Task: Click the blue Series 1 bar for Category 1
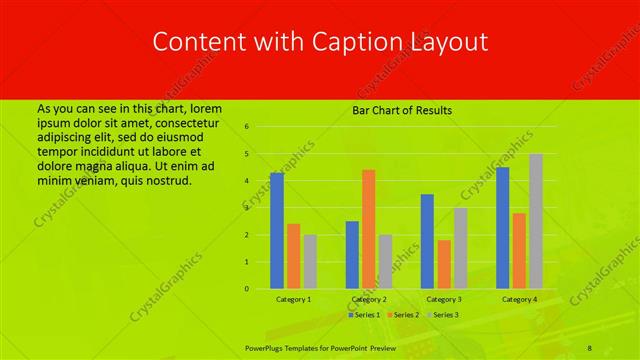(277, 231)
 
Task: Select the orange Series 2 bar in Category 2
(369, 229)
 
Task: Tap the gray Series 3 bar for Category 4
(536, 221)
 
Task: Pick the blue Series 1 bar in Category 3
(427, 241)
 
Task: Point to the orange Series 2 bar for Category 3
(444, 264)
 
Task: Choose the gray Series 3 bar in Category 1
(310, 261)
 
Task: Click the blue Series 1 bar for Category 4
(502, 228)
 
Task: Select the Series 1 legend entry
(364, 315)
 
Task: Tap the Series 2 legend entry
(402, 315)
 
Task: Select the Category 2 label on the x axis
(369, 299)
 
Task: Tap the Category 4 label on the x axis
(519, 299)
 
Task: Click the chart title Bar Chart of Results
(402, 110)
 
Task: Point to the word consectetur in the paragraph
(191, 121)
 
